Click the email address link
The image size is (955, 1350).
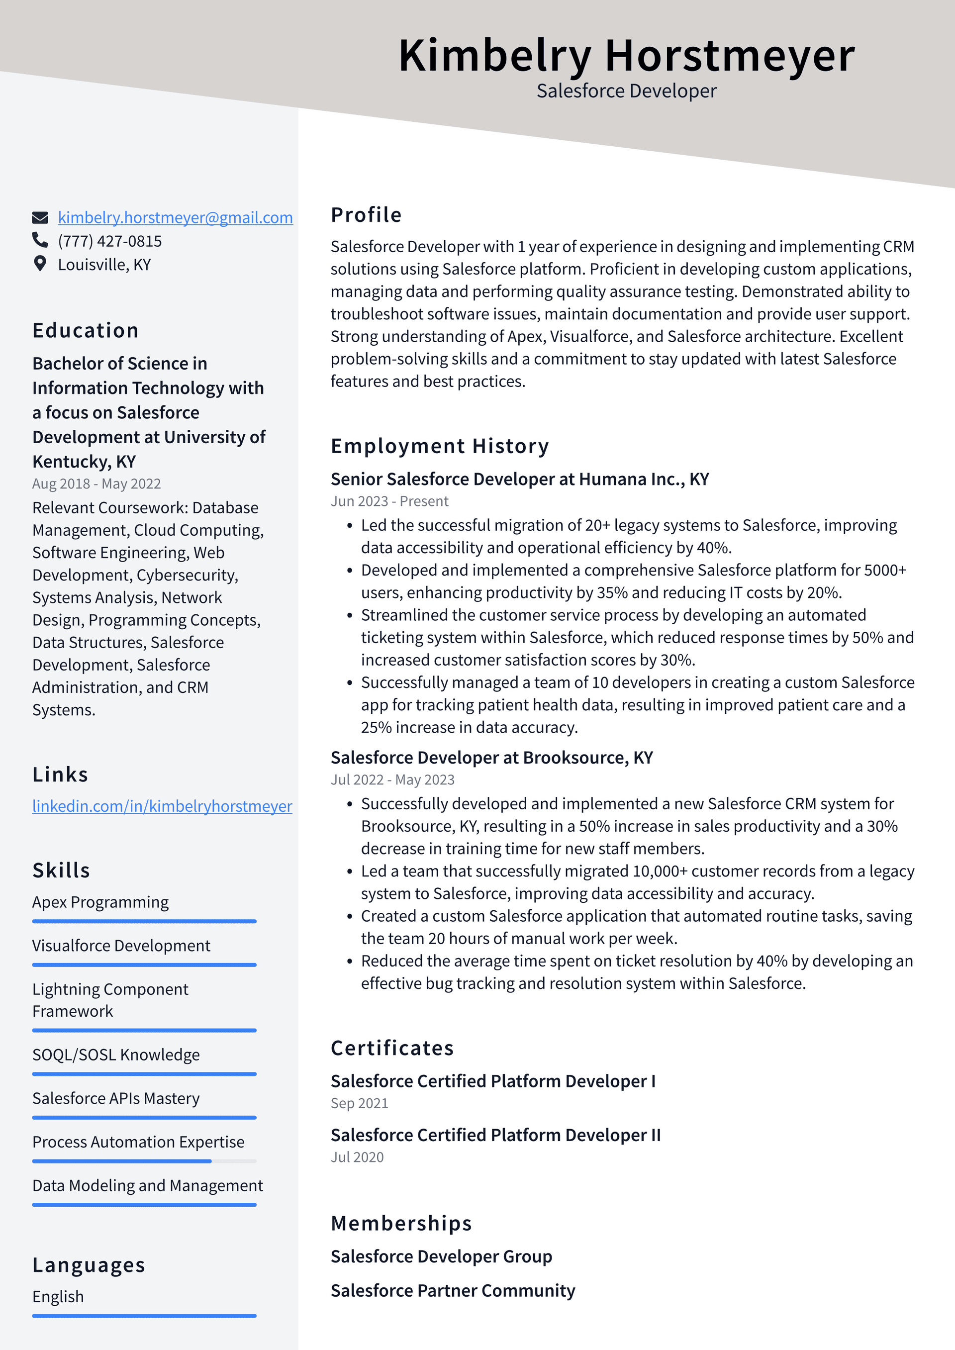175,217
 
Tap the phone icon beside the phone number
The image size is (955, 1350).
40,240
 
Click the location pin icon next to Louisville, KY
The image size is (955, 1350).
40,264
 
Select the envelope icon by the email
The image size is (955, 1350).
40,217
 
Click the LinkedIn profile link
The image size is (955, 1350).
162,806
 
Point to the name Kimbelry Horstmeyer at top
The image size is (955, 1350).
626,56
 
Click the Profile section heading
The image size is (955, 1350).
366,215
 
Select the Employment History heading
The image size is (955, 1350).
439,446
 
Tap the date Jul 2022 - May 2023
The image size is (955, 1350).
392,779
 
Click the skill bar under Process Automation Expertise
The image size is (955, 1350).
144,1161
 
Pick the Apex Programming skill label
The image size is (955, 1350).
100,902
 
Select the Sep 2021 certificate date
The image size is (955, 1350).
359,1104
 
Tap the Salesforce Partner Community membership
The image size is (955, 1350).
452,1291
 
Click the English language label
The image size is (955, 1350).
58,1296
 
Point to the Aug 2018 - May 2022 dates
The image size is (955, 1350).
96,484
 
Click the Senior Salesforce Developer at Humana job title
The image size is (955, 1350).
519,479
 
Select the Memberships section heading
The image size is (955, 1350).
401,1224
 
